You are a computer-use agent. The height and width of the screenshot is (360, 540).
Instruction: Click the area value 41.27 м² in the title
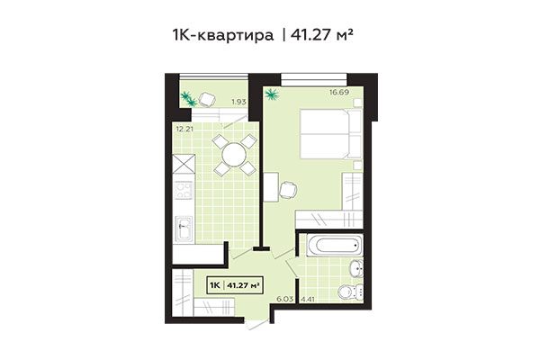coord(329,36)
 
